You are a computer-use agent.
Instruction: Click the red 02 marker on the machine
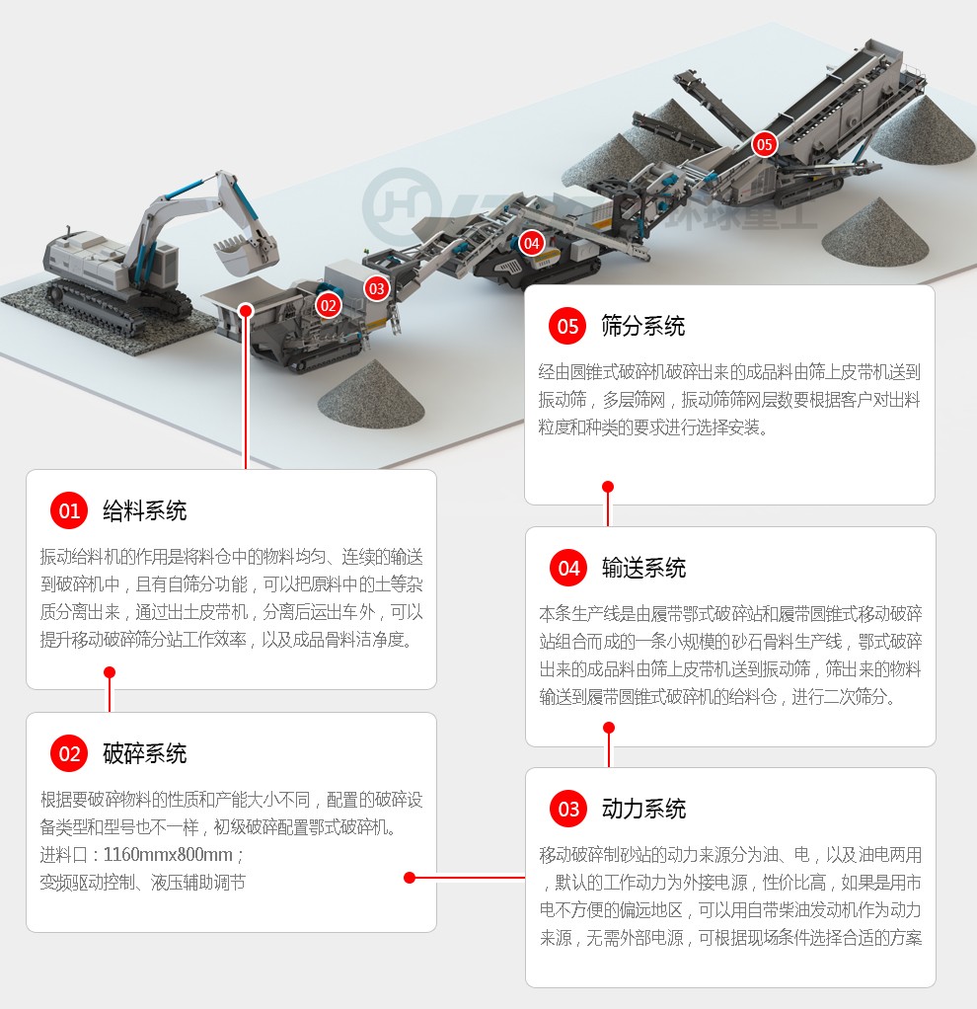point(328,305)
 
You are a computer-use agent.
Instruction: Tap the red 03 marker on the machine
point(376,289)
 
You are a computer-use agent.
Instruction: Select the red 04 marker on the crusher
point(531,243)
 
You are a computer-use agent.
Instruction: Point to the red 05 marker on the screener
point(764,144)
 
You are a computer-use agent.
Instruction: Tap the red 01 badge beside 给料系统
point(69,511)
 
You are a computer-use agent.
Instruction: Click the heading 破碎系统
point(145,753)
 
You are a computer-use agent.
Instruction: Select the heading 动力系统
point(643,809)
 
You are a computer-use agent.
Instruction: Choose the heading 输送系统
point(643,569)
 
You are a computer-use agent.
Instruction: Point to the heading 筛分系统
point(643,326)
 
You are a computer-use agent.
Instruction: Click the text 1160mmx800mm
point(168,855)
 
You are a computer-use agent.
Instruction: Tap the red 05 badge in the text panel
point(567,326)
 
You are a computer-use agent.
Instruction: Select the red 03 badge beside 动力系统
point(568,809)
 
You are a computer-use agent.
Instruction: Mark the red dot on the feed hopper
point(246,311)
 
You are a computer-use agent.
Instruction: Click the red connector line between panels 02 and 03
point(468,877)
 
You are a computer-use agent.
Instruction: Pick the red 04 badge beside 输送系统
point(568,569)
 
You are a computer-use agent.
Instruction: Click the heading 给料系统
point(145,511)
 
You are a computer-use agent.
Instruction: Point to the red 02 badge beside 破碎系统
point(69,753)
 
